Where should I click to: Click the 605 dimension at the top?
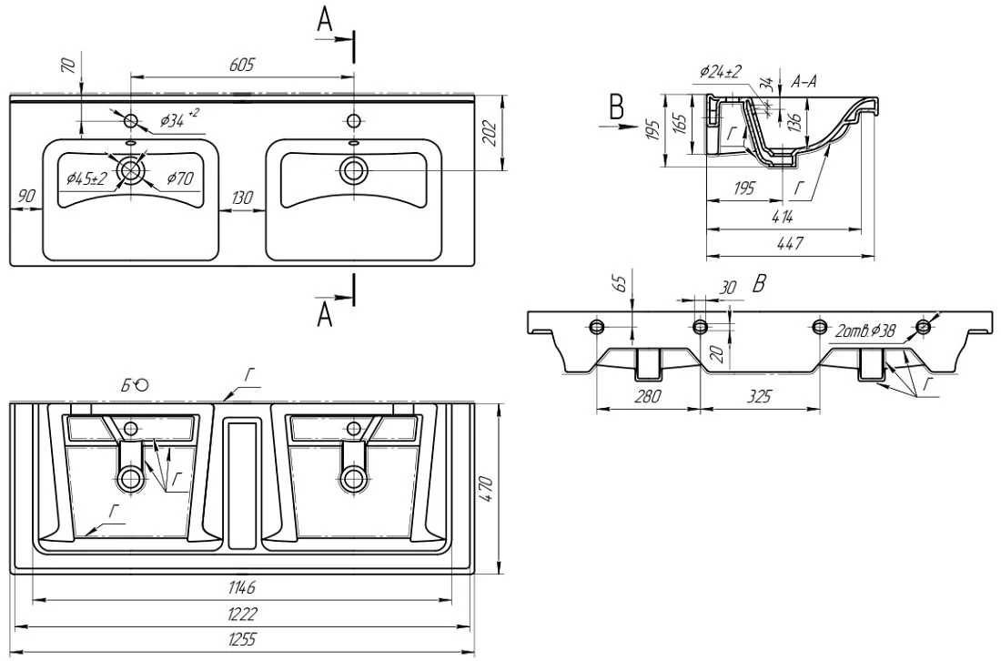[241, 65]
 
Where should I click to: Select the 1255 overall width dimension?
[243, 639]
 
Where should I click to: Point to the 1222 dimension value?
[242, 614]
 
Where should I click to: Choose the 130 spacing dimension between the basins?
[242, 198]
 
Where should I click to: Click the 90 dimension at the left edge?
[26, 196]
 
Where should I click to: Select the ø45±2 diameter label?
[86, 179]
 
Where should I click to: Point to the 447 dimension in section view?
[790, 243]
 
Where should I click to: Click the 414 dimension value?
[782, 217]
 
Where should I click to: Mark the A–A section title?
[804, 82]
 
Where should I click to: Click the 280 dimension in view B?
[647, 397]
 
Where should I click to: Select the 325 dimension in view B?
[759, 397]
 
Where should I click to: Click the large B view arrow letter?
[616, 107]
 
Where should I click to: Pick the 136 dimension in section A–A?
[794, 118]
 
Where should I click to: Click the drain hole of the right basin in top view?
[353, 168]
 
